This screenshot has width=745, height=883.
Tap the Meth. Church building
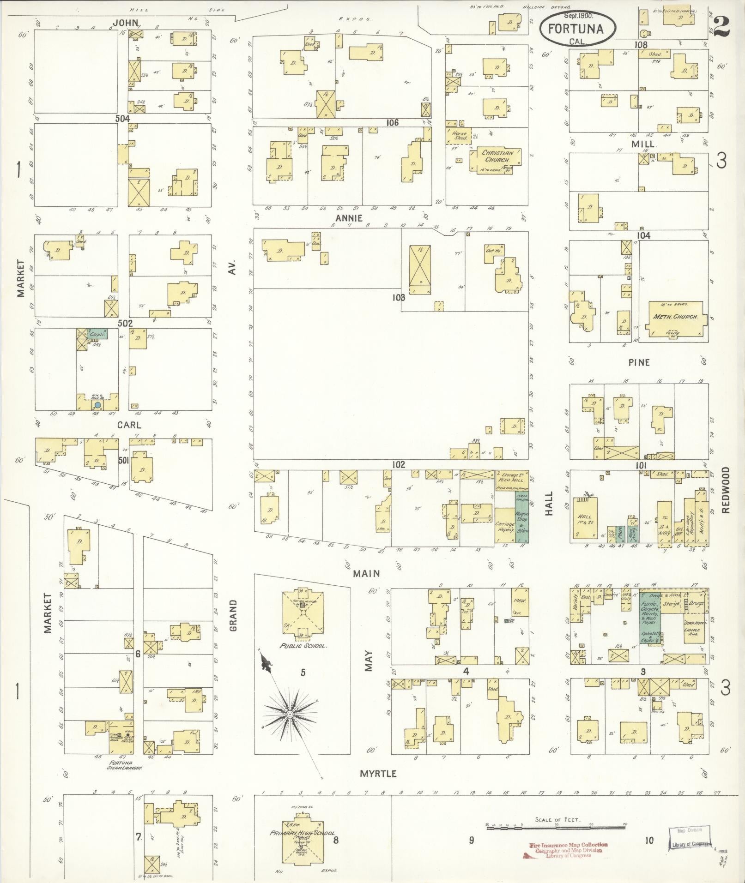(675, 319)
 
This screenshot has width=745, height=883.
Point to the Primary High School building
(302, 834)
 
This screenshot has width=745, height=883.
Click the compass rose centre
(290, 727)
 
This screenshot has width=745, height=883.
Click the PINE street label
(639, 362)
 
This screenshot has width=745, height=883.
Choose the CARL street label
(129, 425)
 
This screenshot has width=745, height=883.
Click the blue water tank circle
(97, 405)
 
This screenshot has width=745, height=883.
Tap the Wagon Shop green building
(522, 519)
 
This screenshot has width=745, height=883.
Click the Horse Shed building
(459, 135)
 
